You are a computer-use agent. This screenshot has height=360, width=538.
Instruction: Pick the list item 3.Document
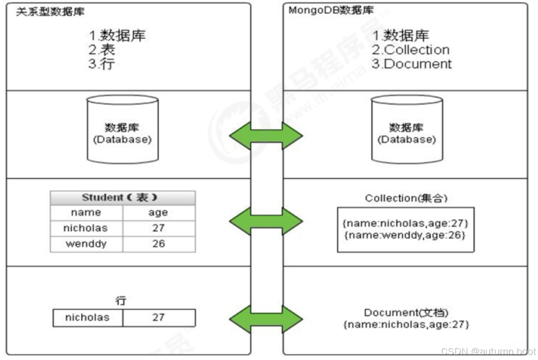(x=411, y=64)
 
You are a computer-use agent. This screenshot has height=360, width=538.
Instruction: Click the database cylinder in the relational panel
(x=122, y=131)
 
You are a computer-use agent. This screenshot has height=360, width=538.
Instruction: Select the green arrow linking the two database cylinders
(x=266, y=135)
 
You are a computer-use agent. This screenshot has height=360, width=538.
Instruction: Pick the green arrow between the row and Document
(x=266, y=318)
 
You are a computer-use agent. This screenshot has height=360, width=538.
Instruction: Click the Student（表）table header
(x=123, y=198)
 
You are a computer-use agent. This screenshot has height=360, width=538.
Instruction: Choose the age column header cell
(x=158, y=213)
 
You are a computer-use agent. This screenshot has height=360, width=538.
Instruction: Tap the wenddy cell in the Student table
(x=86, y=244)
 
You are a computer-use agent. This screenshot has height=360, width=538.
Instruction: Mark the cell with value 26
(x=158, y=244)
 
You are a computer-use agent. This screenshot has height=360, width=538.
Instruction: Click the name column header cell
(x=86, y=213)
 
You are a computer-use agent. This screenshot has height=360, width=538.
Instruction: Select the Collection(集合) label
(x=406, y=198)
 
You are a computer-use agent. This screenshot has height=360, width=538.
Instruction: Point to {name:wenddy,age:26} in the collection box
(x=405, y=235)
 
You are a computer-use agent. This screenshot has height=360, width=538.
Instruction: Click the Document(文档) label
(x=406, y=313)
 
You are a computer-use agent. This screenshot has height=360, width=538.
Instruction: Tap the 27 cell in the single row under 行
(x=158, y=318)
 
